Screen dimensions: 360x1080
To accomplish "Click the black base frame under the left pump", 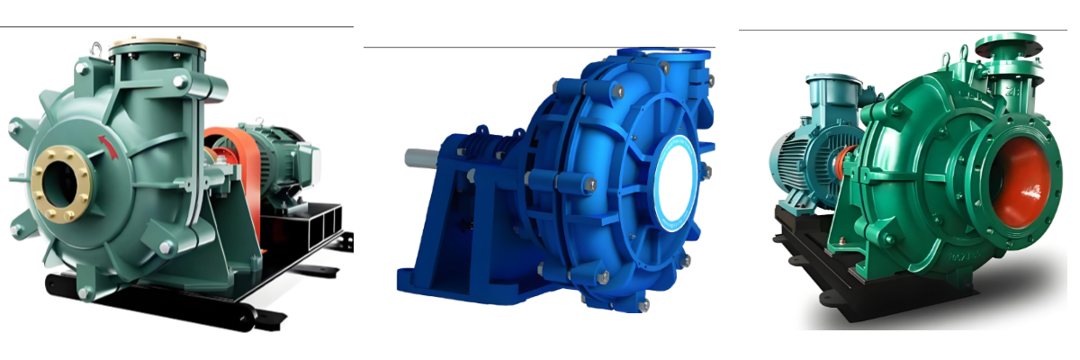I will pyautogui.click(x=180, y=301).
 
